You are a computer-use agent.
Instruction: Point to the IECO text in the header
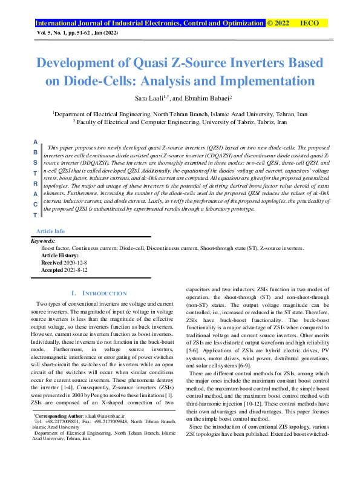(310, 24)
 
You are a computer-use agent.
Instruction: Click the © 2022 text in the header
(279, 24)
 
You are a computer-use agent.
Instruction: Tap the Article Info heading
(51, 231)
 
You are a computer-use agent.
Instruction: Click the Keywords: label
(42, 241)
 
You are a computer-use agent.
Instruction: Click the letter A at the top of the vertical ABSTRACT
(35, 141)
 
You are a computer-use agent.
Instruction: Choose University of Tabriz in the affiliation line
(236, 121)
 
